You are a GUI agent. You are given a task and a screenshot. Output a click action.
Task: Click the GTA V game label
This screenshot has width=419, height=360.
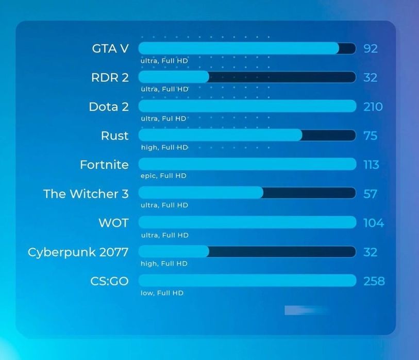pyautogui.click(x=110, y=48)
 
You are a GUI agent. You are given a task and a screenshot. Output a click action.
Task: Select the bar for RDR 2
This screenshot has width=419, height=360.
pyautogui.click(x=247, y=77)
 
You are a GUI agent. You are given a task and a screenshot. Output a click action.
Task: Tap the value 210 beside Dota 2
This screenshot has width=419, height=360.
pyautogui.click(x=373, y=107)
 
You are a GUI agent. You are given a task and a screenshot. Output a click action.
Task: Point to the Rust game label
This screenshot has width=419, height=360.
pyautogui.click(x=114, y=135)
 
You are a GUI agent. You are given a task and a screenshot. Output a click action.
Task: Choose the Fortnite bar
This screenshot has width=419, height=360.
pyautogui.click(x=247, y=165)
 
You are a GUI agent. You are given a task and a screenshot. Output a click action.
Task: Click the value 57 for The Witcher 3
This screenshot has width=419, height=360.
pyautogui.click(x=370, y=194)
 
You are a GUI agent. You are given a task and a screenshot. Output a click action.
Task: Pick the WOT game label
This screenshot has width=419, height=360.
pyautogui.click(x=113, y=223)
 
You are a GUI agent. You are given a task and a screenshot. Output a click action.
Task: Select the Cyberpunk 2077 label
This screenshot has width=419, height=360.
pyautogui.click(x=78, y=252)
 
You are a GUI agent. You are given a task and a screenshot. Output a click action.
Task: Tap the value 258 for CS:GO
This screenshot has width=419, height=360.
pyautogui.click(x=374, y=281)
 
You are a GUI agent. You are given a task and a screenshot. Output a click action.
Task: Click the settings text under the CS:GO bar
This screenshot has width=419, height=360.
pyautogui.click(x=162, y=293)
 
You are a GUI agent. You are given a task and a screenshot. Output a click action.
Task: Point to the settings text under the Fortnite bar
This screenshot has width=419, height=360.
pyautogui.click(x=163, y=176)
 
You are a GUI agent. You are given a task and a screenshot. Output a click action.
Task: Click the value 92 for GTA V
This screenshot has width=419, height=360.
pyautogui.click(x=371, y=48)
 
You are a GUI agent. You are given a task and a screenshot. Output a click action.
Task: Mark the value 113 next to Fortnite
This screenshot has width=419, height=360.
pyautogui.click(x=371, y=165)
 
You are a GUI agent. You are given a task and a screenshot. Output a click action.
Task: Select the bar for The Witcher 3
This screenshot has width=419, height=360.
pyautogui.click(x=247, y=193)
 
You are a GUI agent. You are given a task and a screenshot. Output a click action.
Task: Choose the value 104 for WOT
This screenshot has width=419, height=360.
pyautogui.click(x=373, y=223)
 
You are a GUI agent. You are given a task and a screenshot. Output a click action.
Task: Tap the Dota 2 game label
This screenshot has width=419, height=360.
pyautogui.click(x=108, y=107)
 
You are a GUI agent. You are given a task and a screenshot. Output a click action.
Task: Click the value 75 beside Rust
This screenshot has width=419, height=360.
pyautogui.click(x=370, y=135)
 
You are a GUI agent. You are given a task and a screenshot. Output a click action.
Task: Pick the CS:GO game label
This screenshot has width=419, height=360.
pyautogui.click(x=109, y=281)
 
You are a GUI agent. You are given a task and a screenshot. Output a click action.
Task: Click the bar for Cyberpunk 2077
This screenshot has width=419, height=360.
pyautogui.click(x=247, y=252)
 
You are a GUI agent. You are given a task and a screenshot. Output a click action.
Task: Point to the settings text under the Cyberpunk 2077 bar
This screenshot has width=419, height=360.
pyautogui.click(x=164, y=264)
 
